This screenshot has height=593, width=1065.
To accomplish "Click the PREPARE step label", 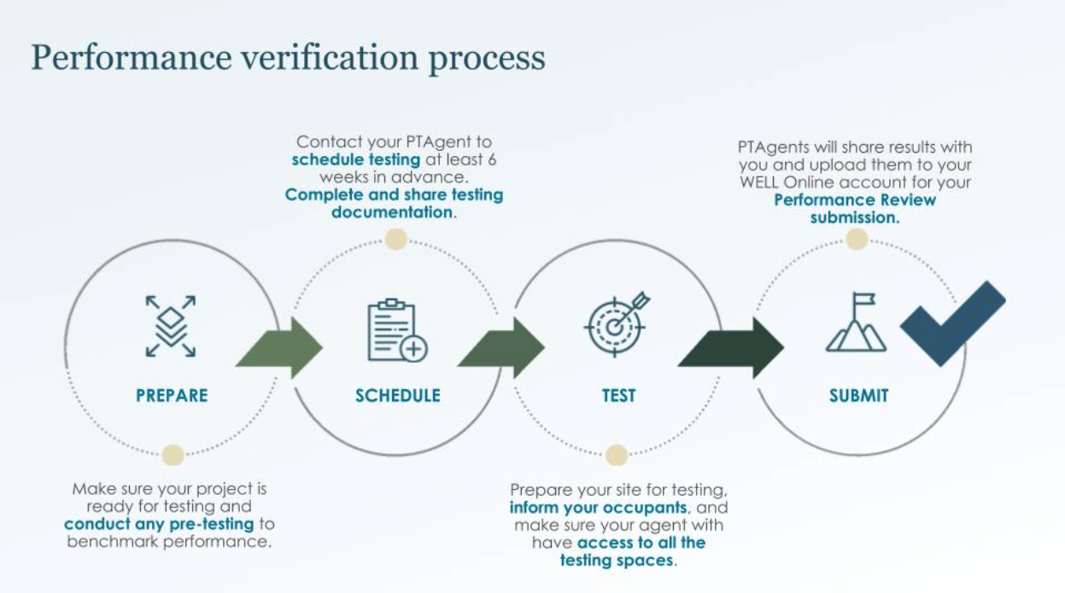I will point(172,396).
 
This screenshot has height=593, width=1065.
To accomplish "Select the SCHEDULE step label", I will point(398,396).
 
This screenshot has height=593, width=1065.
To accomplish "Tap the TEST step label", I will point(618,396).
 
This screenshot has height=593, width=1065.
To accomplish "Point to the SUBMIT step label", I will point(858,396).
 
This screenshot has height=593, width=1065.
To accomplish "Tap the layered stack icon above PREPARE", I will point(171,327).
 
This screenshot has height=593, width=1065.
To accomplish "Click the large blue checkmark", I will point(953,323).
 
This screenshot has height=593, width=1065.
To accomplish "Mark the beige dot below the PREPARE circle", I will point(173,455).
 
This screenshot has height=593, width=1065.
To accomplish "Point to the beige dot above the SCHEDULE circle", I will point(395,239).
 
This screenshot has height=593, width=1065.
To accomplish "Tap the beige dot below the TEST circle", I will point(617,455).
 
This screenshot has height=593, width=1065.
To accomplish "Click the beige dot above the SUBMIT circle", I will point(857,239).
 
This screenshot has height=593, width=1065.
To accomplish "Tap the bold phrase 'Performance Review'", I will point(855,201).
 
